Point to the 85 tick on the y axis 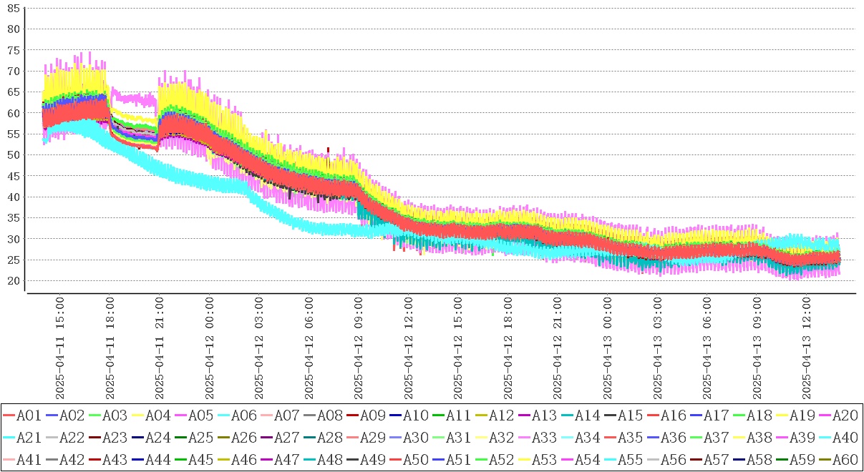click(x=13, y=9)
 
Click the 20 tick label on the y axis click(x=13, y=281)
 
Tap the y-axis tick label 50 click(x=13, y=155)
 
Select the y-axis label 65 click(x=13, y=92)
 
